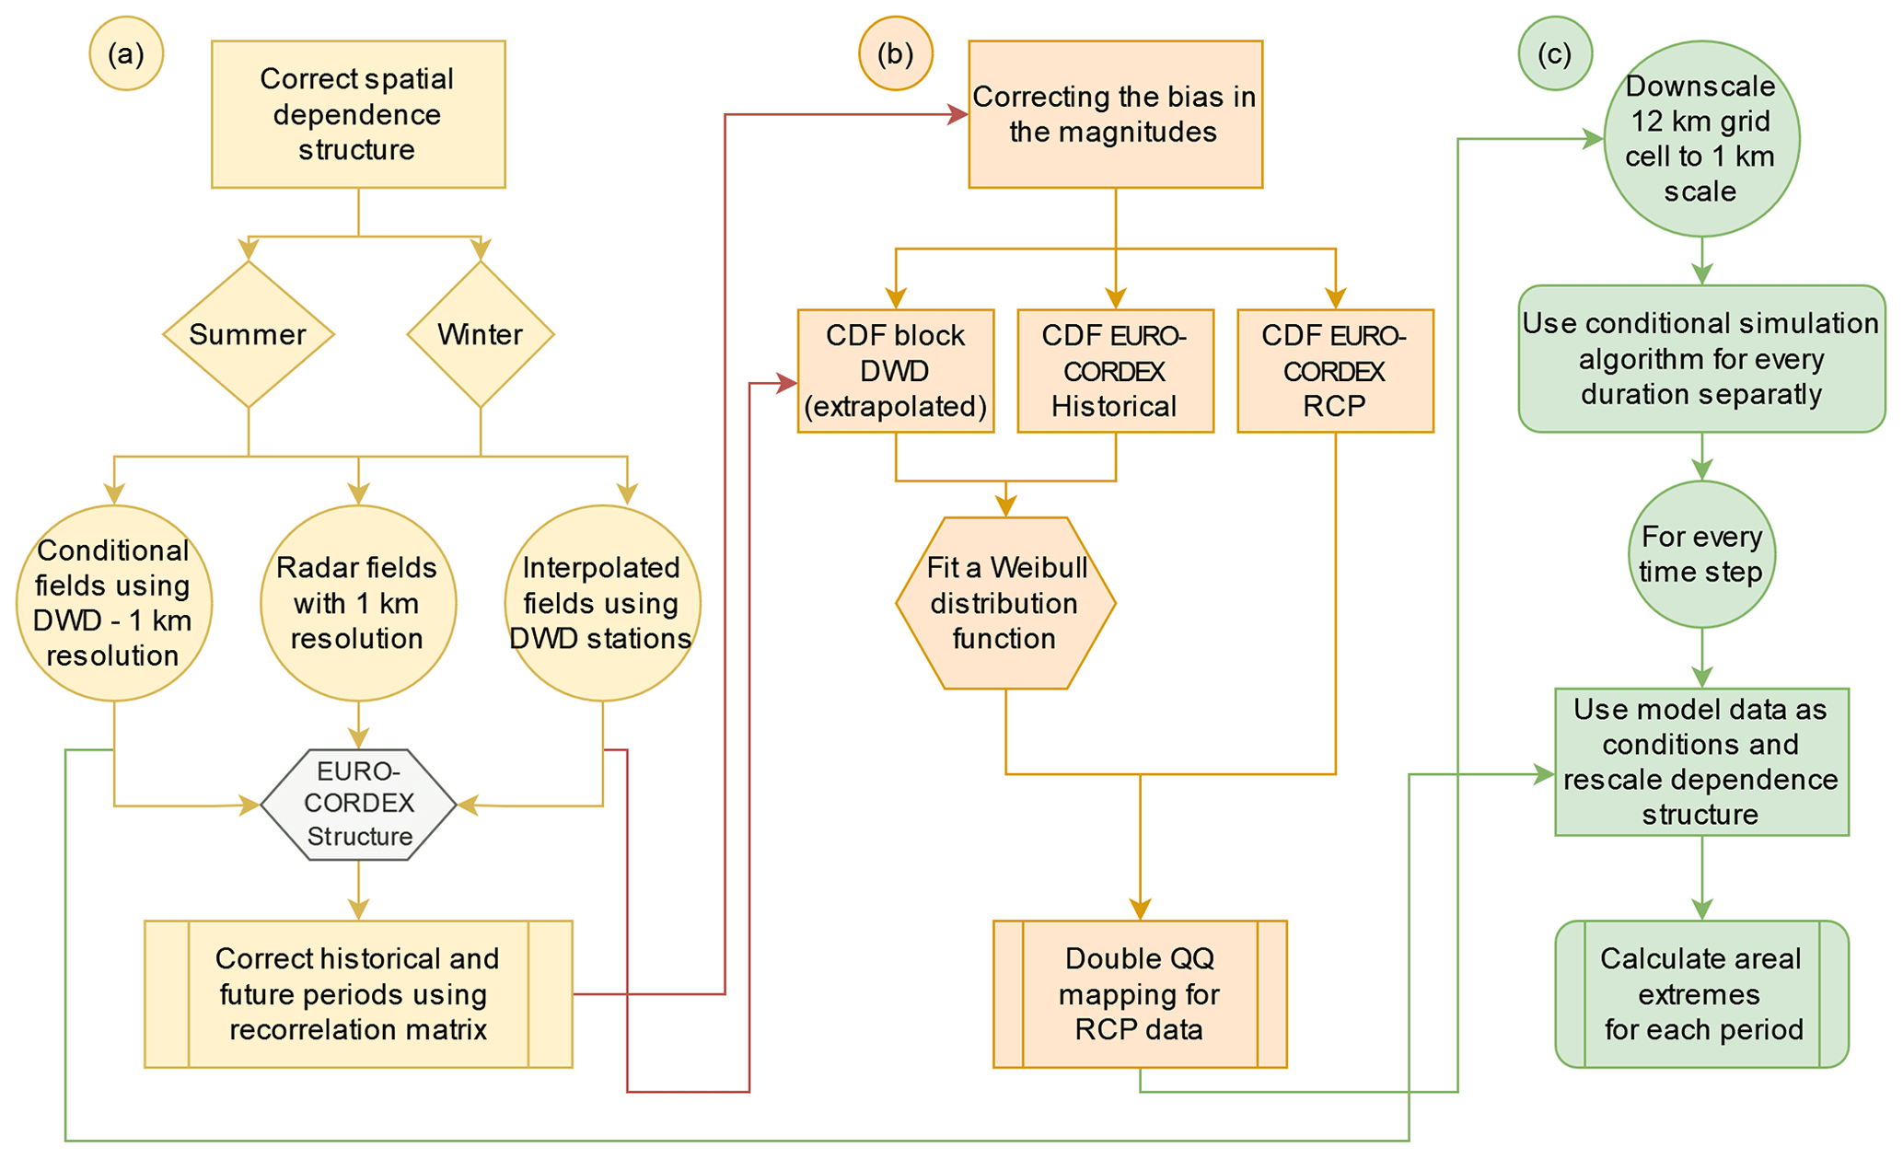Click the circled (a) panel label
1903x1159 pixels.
(x=126, y=54)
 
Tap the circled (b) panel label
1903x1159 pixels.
(x=895, y=54)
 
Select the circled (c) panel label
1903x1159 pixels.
(x=1554, y=54)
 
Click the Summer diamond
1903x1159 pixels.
(x=248, y=334)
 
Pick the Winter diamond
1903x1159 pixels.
(x=480, y=334)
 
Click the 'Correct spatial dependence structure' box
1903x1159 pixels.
(x=358, y=114)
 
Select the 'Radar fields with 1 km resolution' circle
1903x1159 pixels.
(x=358, y=603)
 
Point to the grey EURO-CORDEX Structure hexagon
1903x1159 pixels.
(x=358, y=805)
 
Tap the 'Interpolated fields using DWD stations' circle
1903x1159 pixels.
(x=602, y=603)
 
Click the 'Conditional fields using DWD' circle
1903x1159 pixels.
(x=114, y=603)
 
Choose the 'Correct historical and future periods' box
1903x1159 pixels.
(x=358, y=994)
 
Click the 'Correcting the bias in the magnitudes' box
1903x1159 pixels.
(x=1115, y=114)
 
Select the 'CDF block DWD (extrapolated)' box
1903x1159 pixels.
(x=895, y=371)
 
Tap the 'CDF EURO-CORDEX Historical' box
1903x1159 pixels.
(x=1115, y=371)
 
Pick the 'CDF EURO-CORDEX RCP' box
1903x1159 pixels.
(x=1335, y=371)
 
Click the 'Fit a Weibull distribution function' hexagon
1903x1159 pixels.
(x=1005, y=603)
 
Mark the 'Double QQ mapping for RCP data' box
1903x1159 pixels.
(x=1140, y=994)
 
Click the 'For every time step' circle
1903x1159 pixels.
(x=1701, y=554)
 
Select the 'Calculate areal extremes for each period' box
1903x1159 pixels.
(x=1701, y=994)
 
